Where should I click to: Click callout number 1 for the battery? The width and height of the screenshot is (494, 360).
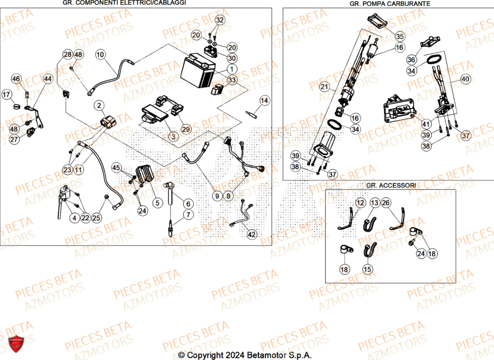coord(232,69)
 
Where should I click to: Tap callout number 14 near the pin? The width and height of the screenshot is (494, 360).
coord(264,101)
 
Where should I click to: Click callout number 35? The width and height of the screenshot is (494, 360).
coord(400,36)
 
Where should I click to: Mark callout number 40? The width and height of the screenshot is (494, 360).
coord(466,79)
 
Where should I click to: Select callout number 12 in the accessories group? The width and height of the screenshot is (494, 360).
coord(360,203)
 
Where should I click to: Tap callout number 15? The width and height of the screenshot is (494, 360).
coord(367,269)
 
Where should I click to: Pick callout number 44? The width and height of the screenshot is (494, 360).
coord(47,79)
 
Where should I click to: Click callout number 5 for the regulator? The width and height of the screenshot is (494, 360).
coord(157,202)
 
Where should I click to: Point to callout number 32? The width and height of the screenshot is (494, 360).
coord(219,20)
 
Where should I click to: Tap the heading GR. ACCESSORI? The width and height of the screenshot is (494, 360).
coord(391,185)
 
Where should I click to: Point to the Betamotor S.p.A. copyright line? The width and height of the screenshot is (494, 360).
coord(245,355)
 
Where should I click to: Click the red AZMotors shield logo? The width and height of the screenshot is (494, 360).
coord(17,344)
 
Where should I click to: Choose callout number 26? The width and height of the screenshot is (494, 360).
coord(385,203)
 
